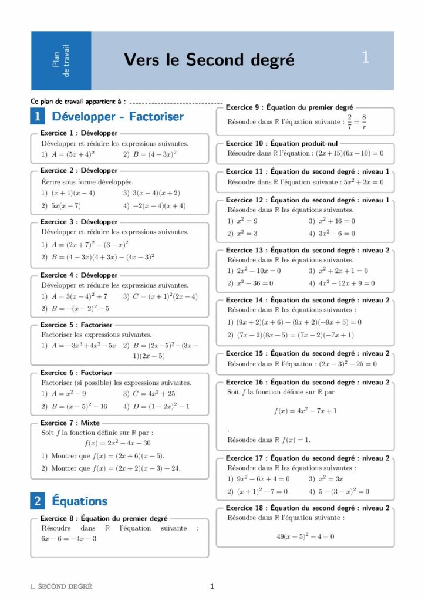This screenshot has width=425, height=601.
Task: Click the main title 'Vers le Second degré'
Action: pyautogui.click(x=209, y=60)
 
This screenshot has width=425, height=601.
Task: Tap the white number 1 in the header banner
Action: pyautogui.click(x=366, y=58)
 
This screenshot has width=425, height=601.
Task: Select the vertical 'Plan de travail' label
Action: pyautogui.click(x=61, y=60)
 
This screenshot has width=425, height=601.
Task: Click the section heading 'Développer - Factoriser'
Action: pyautogui.click(x=118, y=116)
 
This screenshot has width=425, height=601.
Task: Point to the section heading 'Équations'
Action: pyautogui.click(x=80, y=501)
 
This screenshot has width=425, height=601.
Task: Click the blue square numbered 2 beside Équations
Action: pyautogui.click(x=37, y=501)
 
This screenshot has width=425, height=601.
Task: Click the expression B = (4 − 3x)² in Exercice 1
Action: pyautogui.click(x=154, y=154)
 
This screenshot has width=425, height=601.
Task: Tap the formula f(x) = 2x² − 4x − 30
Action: pyautogui.click(x=117, y=443)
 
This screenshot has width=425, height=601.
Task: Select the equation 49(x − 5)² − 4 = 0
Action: pyautogui.click(x=305, y=536)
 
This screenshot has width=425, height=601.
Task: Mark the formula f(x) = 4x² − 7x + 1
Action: pyautogui.click(x=305, y=411)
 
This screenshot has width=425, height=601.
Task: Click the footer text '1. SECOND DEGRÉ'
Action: pyautogui.click(x=61, y=586)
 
